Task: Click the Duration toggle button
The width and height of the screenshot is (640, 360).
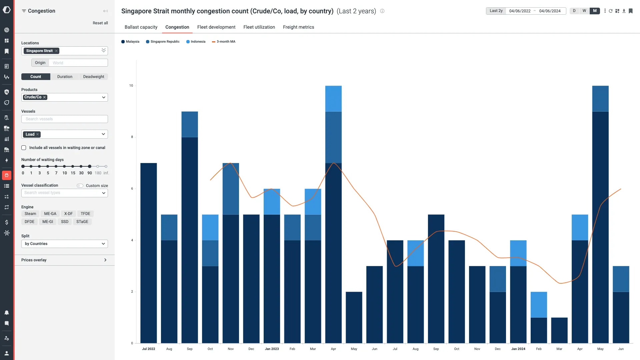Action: point(65,77)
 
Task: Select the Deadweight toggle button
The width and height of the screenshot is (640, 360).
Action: point(94,77)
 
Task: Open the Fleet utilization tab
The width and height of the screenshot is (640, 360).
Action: point(259,27)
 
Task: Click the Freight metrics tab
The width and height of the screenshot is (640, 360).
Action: point(298,27)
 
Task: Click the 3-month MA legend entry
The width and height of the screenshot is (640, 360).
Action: point(224,42)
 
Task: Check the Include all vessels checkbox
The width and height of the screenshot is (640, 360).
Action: point(24,148)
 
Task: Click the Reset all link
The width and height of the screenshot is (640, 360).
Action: point(100,23)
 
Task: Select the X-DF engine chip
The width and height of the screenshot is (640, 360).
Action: point(68,214)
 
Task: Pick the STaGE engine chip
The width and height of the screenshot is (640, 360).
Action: point(82,222)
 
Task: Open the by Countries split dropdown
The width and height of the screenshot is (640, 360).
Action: point(65,244)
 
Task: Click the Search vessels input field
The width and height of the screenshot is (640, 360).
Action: point(65,119)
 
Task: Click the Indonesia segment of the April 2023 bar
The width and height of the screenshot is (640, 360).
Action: point(333,99)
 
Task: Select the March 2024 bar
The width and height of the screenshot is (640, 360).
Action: point(559,330)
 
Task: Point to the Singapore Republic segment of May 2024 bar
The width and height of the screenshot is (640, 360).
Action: point(600,99)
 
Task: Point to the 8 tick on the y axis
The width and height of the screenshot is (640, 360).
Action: point(132,137)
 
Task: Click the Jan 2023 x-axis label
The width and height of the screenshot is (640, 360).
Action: point(272,349)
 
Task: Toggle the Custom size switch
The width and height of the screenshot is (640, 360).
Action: point(80,186)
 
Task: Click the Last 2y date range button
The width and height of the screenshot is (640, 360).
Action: point(496,11)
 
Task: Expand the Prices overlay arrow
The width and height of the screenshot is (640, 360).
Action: point(105,260)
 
